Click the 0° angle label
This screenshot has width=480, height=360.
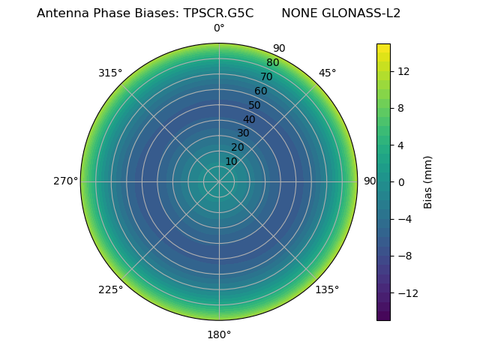pyautogui.click(x=219, y=28)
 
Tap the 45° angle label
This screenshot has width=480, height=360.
pyautogui.click(x=327, y=73)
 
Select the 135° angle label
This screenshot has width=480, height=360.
pyautogui.click(x=327, y=289)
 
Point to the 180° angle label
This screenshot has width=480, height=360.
pyautogui.click(x=219, y=334)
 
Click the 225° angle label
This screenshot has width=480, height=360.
pyautogui.click(x=110, y=289)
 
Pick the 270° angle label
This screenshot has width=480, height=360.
pyautogui.click(x=65, y=181)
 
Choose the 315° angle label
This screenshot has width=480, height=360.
pyautogui.click(x=110, y=73)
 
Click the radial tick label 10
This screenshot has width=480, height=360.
pyautogui.click(x=231, y=161)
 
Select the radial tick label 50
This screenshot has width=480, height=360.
pyautogui.click(x=255, y=105)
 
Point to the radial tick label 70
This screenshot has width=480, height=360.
pyautogui.click(x=266, y=76)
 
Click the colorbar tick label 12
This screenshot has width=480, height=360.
pyautogui.click(x=403, y=70)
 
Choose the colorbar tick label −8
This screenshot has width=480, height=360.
pyautogui.click(x=403, y=256)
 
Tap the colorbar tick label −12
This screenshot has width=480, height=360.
pyautogui.click(x=406, y=292)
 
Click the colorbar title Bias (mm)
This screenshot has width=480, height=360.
pyautogui.click(x=428, y=181)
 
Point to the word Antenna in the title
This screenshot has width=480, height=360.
pyautogui.click(x=61, y=13)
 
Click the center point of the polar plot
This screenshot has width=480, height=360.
pyautogui.click(x=219, y=181)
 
